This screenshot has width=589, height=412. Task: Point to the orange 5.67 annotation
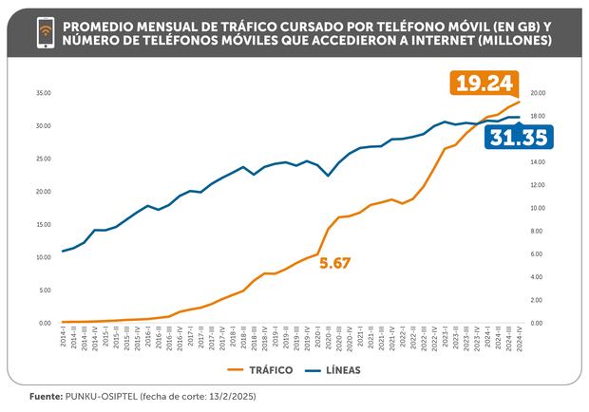click(335, 263)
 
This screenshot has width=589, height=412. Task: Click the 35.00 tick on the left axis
click(42, 93)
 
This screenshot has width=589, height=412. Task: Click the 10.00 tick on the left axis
click(42, 257)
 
